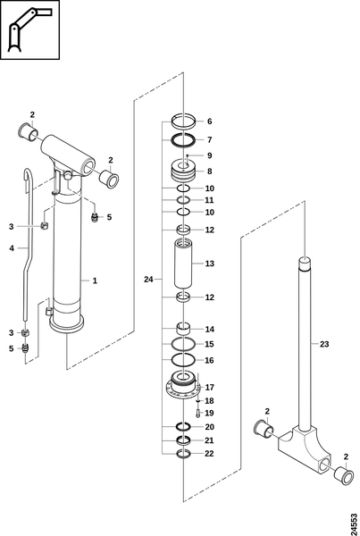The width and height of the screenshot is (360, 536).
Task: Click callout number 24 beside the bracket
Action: (148, 280)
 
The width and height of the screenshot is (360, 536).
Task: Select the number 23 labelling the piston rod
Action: (323, 344)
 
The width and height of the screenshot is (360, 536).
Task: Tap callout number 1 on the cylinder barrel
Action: (95, 281)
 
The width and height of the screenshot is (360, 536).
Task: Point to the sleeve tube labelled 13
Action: (184, 264)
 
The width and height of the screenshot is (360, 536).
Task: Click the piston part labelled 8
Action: (184, 171)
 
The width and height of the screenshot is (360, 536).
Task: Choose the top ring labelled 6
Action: (184, 122)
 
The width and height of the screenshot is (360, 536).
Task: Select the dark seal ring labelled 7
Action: (184, 140)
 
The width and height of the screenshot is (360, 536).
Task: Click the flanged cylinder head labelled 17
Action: (184, 387)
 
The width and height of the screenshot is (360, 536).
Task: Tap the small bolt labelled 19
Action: (198, 413)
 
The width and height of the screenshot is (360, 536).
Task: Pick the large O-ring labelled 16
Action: (184, 360)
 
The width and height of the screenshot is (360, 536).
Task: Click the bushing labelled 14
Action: (184, 330)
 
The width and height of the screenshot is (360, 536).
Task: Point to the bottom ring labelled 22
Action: (184, 454)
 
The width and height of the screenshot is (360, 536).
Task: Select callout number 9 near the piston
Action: (209, 155)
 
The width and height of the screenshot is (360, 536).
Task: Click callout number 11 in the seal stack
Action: (209, 200)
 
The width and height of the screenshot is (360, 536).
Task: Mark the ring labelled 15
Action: (184, 344)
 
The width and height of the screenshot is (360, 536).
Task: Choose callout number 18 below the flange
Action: (209, 400)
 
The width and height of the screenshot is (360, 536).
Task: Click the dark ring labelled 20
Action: (184, 427)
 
